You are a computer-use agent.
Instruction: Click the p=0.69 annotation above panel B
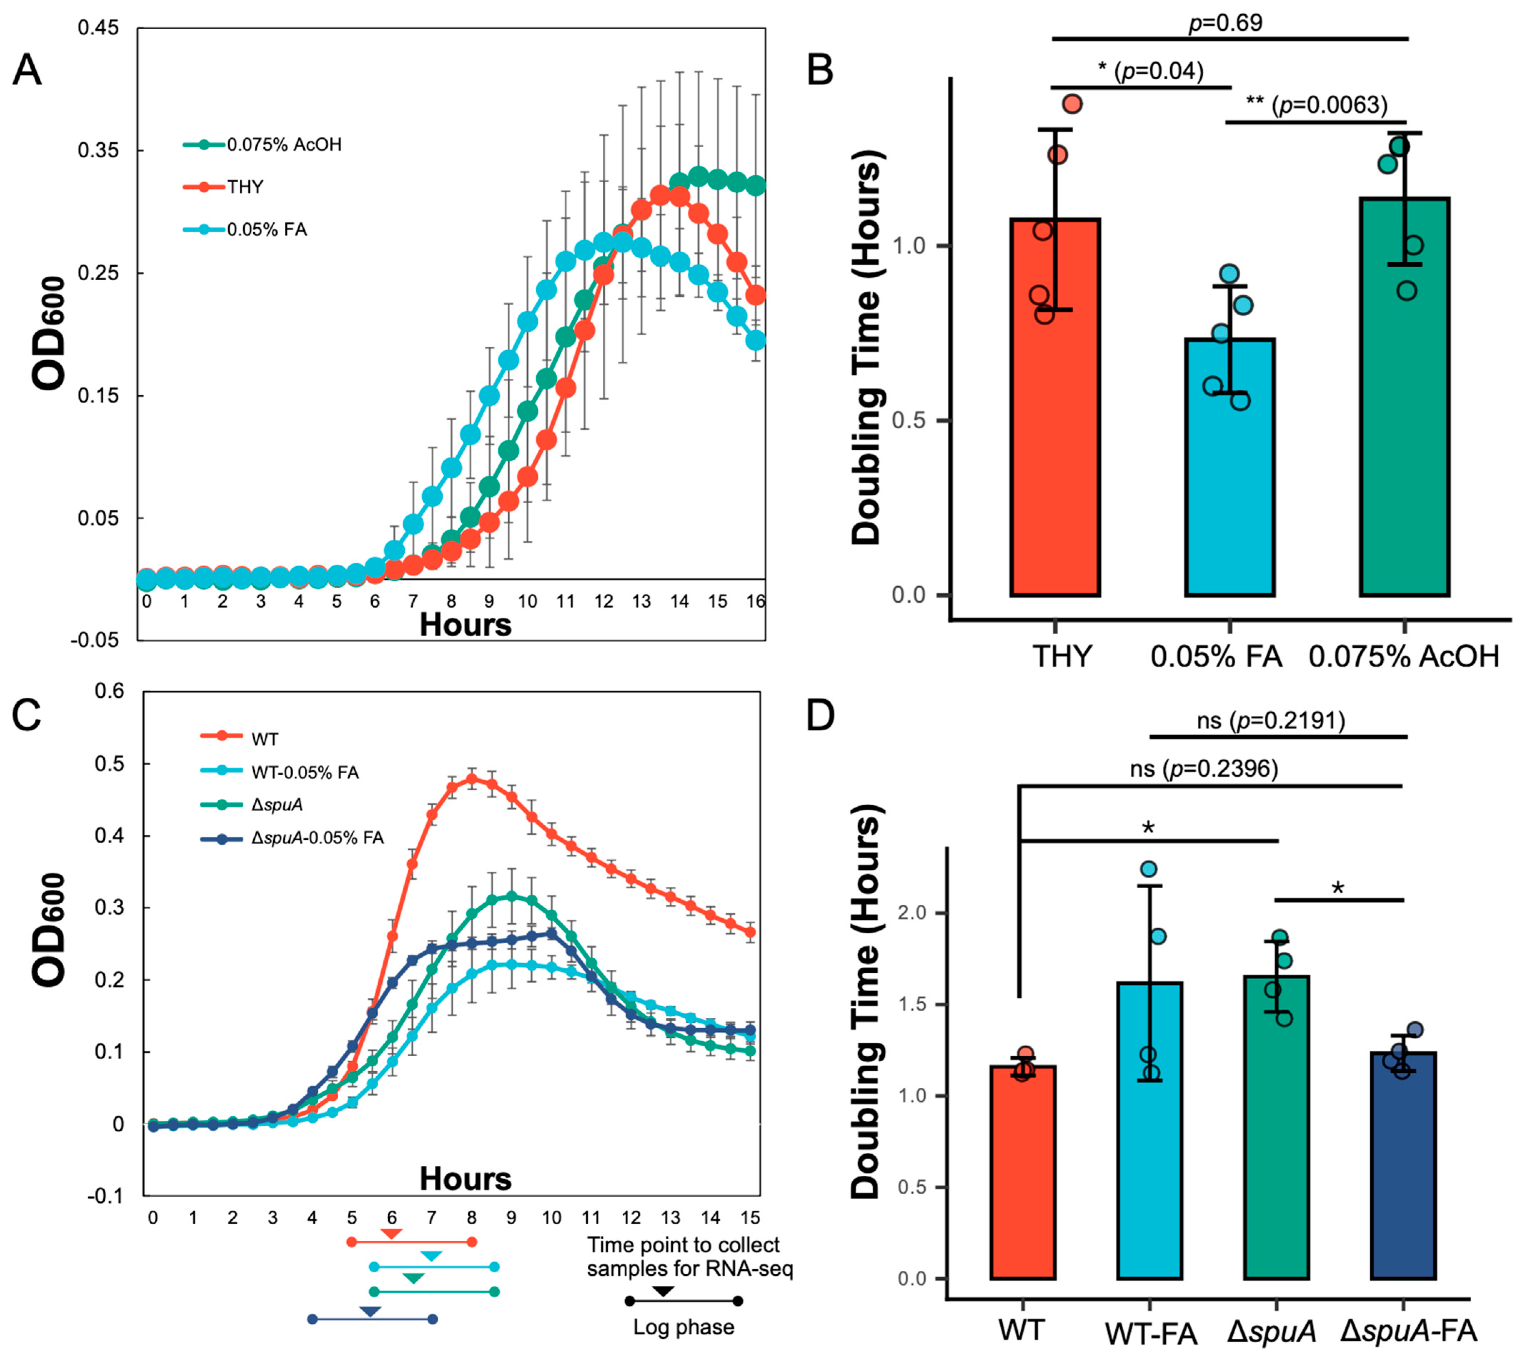[x=1225, y=23]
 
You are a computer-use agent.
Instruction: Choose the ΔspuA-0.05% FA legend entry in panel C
[x=317, y=837]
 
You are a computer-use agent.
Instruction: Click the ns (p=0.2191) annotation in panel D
[x=1270, y=720]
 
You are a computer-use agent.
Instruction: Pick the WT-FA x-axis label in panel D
[x=1150, y=1334]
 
